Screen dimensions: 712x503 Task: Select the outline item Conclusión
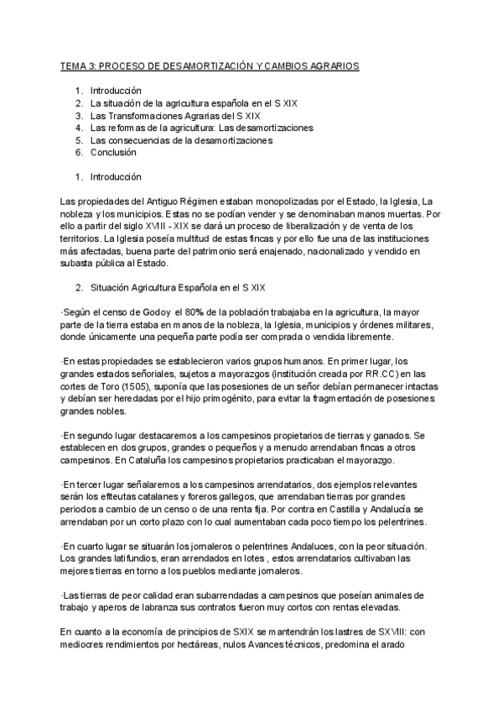tap(115, 153)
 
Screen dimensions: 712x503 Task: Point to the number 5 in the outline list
tap(78, 140)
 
